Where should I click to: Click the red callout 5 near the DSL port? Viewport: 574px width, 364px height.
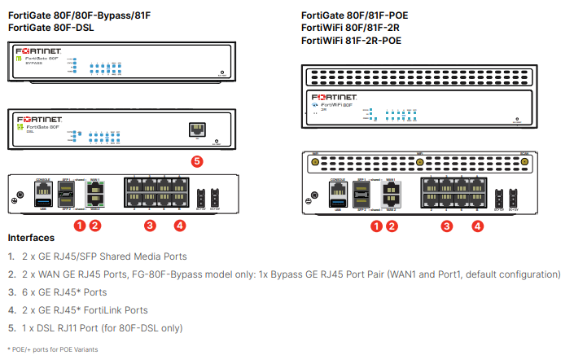pos(195,161)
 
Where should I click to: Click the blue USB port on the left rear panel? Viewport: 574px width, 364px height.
pos(43,202)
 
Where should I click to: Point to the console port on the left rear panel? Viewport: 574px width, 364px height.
pos(43,188)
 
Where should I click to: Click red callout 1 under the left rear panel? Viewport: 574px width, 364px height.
pos(80,225)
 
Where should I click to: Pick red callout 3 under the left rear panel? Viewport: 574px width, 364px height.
pos(149,225)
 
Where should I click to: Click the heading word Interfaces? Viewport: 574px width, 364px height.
pos(31,239)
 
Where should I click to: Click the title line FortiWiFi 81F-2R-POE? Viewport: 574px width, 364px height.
pos(351,40)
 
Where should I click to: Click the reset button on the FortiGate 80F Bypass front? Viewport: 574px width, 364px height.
pos(221,74)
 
